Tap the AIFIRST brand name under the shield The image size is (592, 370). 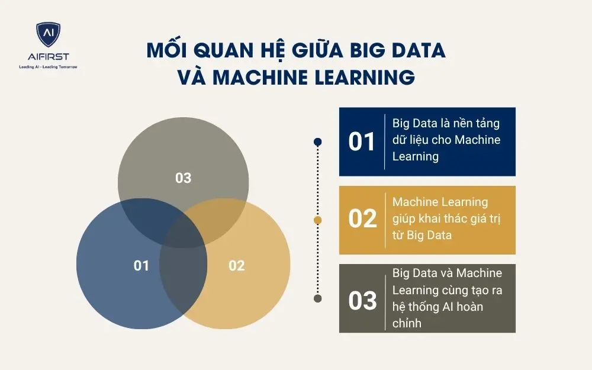(x=48, y=57)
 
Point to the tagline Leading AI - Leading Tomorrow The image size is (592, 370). (x=48, y=67)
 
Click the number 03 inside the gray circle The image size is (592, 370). (x=184, y=178)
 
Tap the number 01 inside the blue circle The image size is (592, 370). (x=141, y=266)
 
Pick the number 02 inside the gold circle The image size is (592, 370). (x=236, y=266)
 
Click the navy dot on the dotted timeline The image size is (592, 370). (x=318, y=141)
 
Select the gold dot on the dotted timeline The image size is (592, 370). (x=318, y=220)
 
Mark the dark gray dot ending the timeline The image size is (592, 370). (x=318, y=298)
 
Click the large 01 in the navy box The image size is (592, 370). (x=362, y=142)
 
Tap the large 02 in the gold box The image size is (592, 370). (x=362, y=220)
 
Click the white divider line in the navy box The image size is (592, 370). (x=385, y=141)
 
